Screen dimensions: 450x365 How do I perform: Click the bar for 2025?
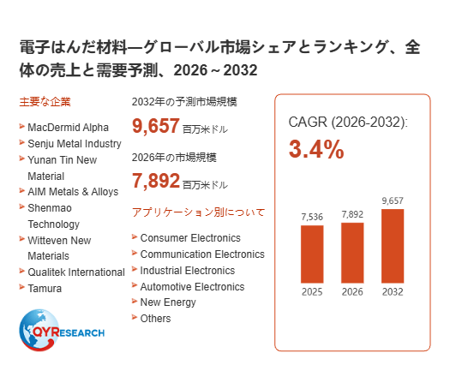click(x=312, y=254)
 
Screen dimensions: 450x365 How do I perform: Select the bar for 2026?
click(x=352, y=253)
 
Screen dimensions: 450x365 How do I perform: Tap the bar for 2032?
click(x=393, y=246)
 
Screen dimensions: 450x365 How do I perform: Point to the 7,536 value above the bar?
click(x=312, y=217)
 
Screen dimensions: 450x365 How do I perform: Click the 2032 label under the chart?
click(x=393, y=292)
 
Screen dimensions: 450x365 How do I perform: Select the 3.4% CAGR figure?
click(x=316, y=149)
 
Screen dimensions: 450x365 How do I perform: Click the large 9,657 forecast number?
click(x=156, y=126)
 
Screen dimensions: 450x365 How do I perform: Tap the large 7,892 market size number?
click(x=156, y=181)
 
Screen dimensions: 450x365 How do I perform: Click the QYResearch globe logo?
click(x=62, y=330)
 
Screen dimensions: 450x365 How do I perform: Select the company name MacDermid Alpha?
click(x=68, y=128)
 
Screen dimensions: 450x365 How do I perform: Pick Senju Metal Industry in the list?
click(x=75, y=143)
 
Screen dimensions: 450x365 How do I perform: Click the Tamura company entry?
click(x=45, y=289)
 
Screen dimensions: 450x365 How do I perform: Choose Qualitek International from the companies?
click(x=76, y=272)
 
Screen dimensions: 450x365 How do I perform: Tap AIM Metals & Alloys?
click(x=73, y=191)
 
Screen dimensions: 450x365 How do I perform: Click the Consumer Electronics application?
click(x=190, y=238)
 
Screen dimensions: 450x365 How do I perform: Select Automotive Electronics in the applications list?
click(x=192, y=287)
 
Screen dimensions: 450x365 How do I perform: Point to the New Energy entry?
click(x=168, y=302)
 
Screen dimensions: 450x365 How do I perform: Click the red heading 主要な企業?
click(x=45, y=102)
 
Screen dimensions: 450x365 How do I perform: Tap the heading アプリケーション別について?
click(x=198, y=212)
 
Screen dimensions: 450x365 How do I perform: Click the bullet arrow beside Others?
click(x=135, y=317)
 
